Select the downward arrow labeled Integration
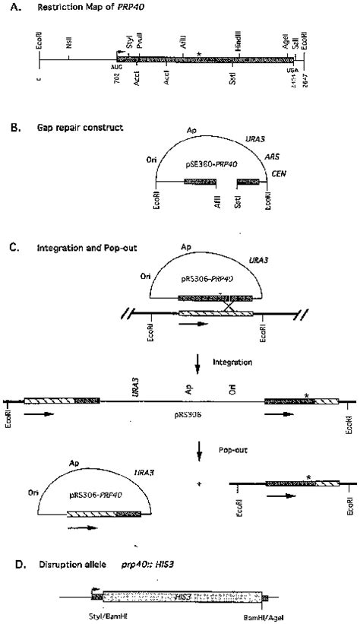pos(199,368)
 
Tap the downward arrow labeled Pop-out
pos(199,454)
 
